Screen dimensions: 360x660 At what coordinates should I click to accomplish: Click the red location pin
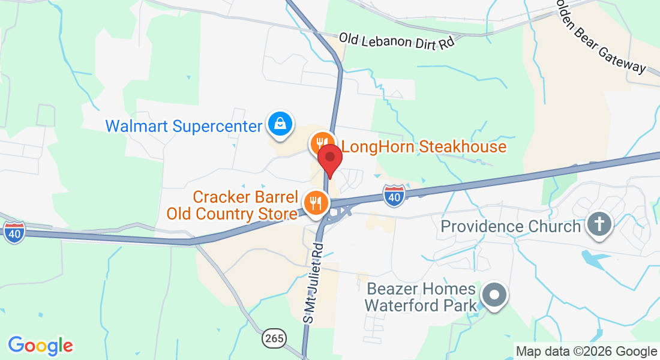329,158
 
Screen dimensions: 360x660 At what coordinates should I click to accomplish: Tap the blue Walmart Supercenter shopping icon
280,124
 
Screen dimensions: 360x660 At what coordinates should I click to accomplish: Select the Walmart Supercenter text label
184,127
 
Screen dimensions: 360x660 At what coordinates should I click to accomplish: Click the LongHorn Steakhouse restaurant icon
322,143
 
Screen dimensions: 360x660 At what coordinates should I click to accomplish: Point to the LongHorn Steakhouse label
424,146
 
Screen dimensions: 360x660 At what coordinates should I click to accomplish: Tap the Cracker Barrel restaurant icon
314,203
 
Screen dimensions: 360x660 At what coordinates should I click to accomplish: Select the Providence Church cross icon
599,226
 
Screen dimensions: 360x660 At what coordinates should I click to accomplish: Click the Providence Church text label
511,226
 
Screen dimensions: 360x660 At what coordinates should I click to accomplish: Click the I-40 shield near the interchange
394,196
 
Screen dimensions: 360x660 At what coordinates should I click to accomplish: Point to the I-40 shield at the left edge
13,232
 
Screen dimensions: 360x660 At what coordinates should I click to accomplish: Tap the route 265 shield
274,338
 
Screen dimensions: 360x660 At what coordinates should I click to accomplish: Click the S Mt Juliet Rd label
316,283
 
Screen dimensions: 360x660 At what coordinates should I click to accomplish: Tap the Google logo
40,345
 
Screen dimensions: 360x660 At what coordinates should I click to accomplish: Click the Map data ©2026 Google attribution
587,352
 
